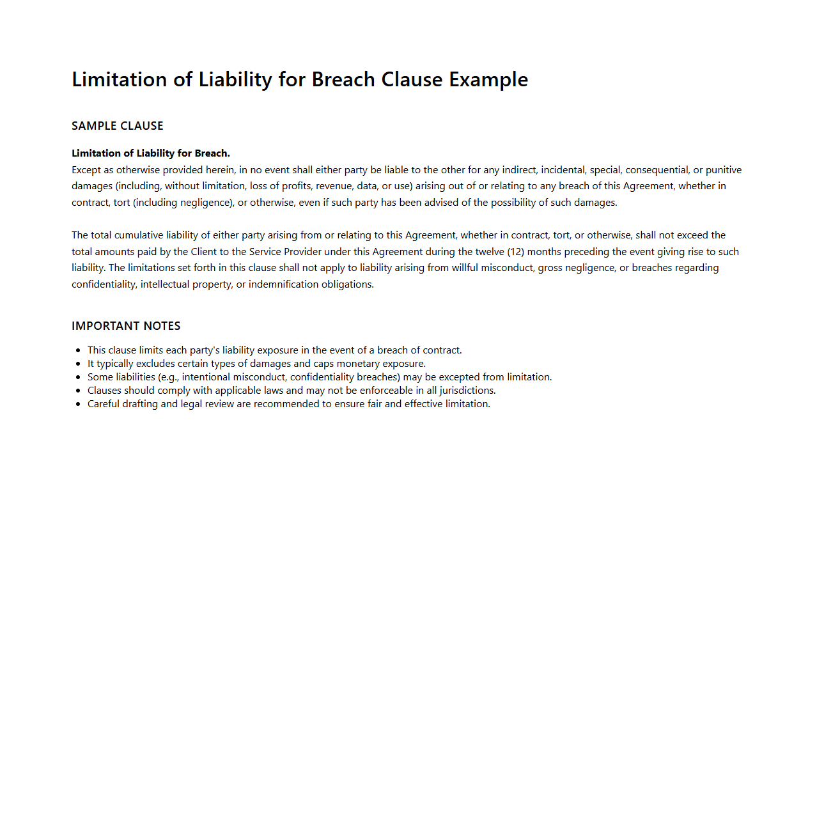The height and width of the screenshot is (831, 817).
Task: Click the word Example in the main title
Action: point(488,79)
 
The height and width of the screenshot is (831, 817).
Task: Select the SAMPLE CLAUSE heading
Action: point(118,126)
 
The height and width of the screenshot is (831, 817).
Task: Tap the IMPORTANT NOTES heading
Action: point(126,326)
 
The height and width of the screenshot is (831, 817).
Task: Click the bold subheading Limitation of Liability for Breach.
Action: point(151,153)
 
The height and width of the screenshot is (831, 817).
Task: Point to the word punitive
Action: point(724,170)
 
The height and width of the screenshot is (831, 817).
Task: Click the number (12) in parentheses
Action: point(516,252)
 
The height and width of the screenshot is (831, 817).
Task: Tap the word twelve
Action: point(490,252)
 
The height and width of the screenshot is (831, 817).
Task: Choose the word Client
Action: point(204,252)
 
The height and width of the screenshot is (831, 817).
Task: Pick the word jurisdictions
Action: point(467,391)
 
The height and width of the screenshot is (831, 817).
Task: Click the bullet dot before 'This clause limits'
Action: point(78,350)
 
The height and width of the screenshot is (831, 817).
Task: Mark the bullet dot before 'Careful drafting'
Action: point(78,404)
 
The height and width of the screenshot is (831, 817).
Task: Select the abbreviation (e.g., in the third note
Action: point(169,377)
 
